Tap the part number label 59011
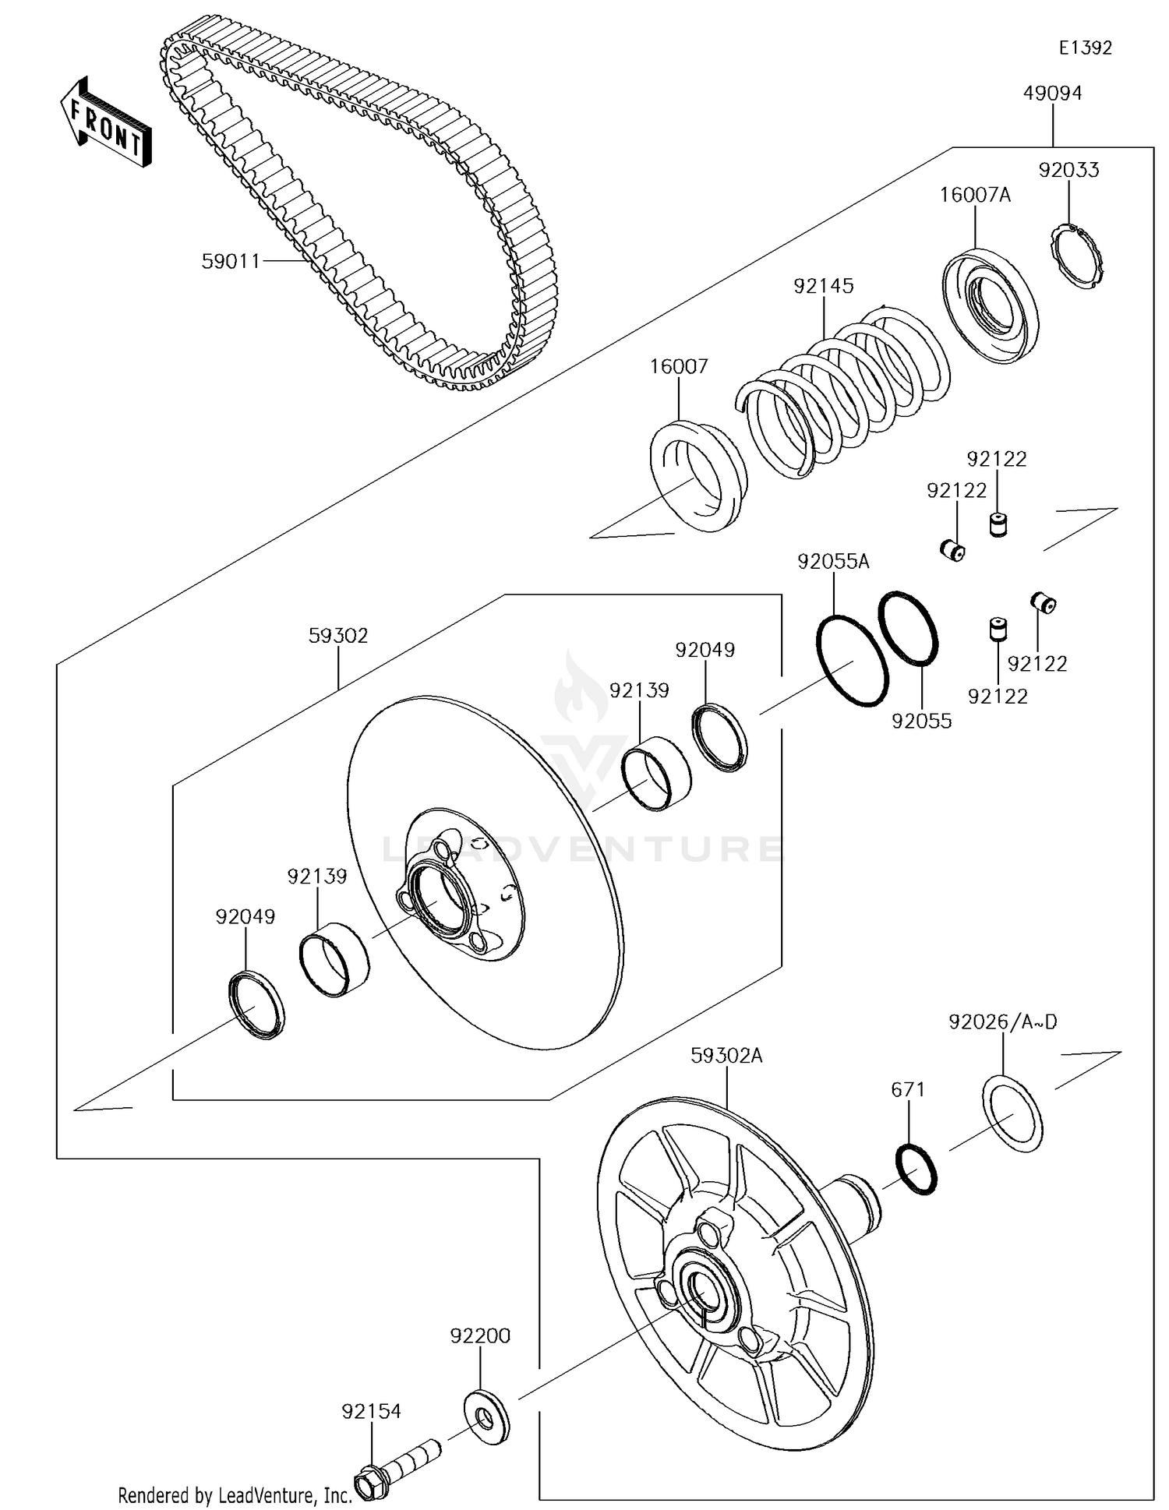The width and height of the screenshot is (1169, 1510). point(231,261)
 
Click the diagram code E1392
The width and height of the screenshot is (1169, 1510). point(1085,48)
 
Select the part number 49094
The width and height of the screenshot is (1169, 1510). point(1052,93)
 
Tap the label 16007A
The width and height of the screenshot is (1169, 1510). point(975,195)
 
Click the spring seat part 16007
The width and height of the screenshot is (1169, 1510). point(698,476)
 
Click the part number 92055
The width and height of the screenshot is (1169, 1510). point(922,721)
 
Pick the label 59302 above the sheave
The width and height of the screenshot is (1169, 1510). point(338,635)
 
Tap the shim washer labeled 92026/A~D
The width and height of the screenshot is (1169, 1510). point(1012,1113)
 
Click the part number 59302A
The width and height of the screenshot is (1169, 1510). point(726,1056)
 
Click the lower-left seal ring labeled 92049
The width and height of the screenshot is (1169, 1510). point(256,1005)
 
